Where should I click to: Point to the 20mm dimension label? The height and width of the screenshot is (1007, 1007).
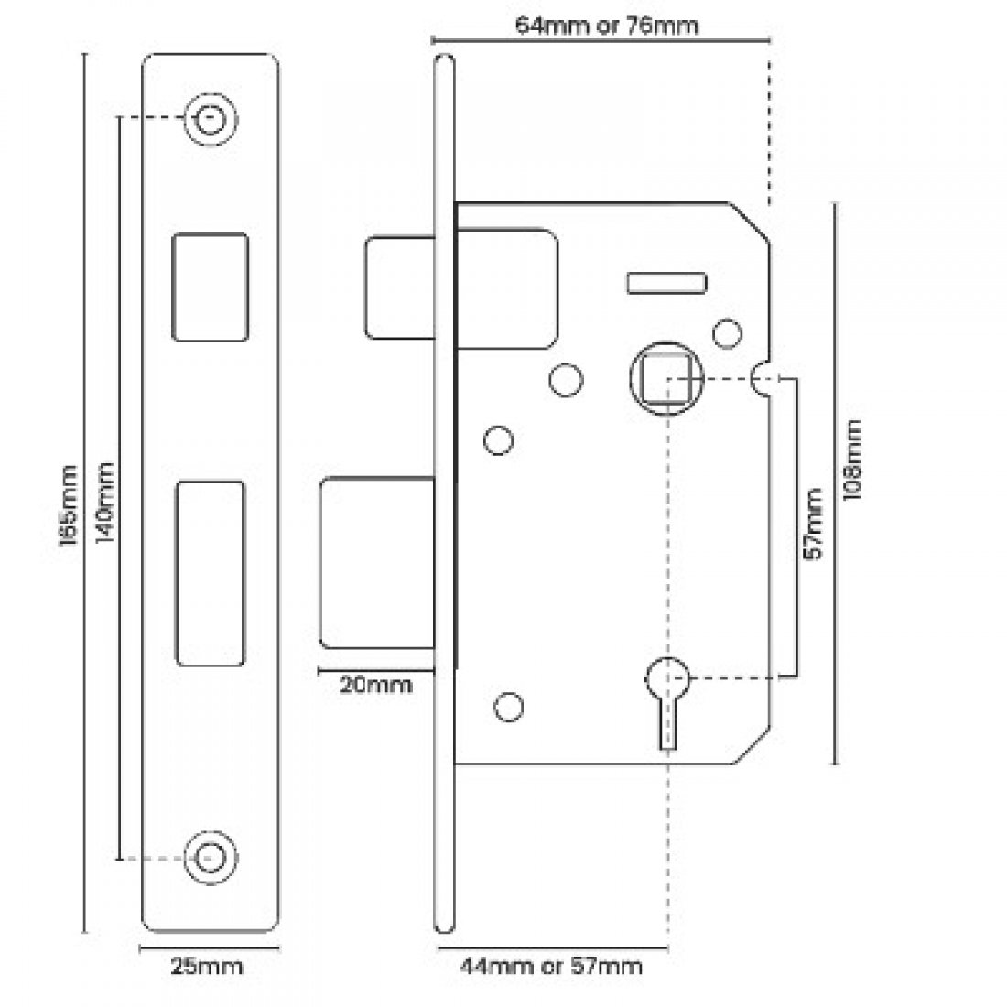point(375,685)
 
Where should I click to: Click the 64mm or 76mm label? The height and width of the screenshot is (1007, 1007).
point(606,25)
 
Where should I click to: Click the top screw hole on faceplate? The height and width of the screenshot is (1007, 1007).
point(211,119)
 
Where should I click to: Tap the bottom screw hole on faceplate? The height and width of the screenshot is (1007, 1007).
point(211,858)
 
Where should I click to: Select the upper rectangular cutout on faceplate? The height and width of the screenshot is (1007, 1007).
point(210,287)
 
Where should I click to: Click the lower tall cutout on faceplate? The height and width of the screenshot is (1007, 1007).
point(210,573)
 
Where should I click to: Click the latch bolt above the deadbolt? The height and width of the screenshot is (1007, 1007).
point(398,287)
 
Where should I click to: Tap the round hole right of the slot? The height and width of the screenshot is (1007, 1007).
point(727,333)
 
